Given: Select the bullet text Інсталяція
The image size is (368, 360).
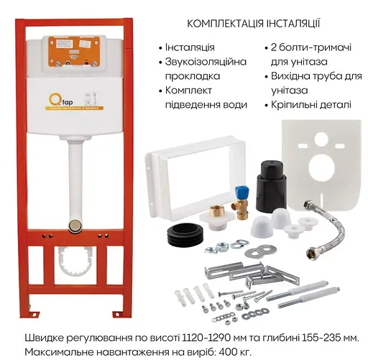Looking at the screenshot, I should tap(189, 47).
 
